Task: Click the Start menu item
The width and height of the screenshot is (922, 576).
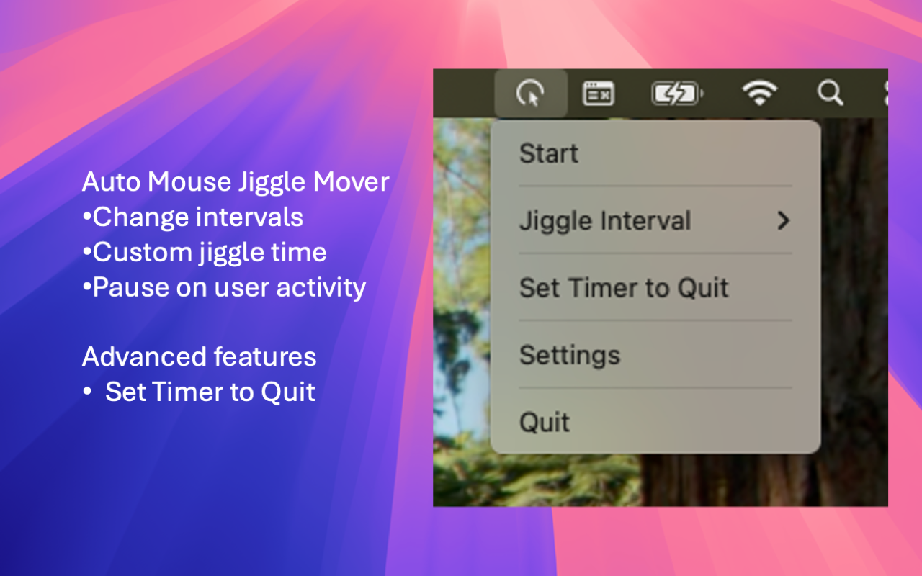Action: [549, 153]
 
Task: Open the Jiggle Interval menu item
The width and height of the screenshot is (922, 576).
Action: [605, 220]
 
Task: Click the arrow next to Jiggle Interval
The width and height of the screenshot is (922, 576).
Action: [784, 220]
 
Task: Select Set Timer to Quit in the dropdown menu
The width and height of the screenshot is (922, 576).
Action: [624, 288]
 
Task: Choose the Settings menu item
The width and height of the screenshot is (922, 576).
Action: [570, 355]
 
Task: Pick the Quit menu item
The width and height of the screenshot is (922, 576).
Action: [545, 422]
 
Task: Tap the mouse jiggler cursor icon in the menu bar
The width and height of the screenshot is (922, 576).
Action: [531, 94]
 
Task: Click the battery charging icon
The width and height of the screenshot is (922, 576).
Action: [676, 94]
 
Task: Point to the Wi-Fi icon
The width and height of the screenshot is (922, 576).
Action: [760, 94]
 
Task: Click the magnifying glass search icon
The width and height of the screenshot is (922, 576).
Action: [830, 94]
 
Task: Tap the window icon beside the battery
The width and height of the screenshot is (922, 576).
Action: [598, 94]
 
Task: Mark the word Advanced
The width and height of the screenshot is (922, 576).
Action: [134, 356]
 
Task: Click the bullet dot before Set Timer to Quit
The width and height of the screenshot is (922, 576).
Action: [87, 392]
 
